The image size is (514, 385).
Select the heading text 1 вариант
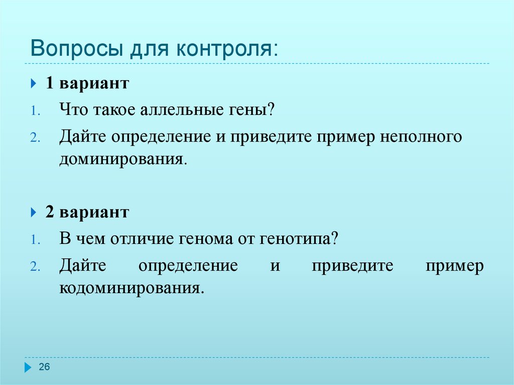tap(87, 83)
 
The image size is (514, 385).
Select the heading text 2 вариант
tap(87, 212)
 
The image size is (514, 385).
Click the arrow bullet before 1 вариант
tap(34, 83)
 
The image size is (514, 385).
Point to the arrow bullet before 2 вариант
tap(34, 212)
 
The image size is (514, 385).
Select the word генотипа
tap(297, 238)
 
